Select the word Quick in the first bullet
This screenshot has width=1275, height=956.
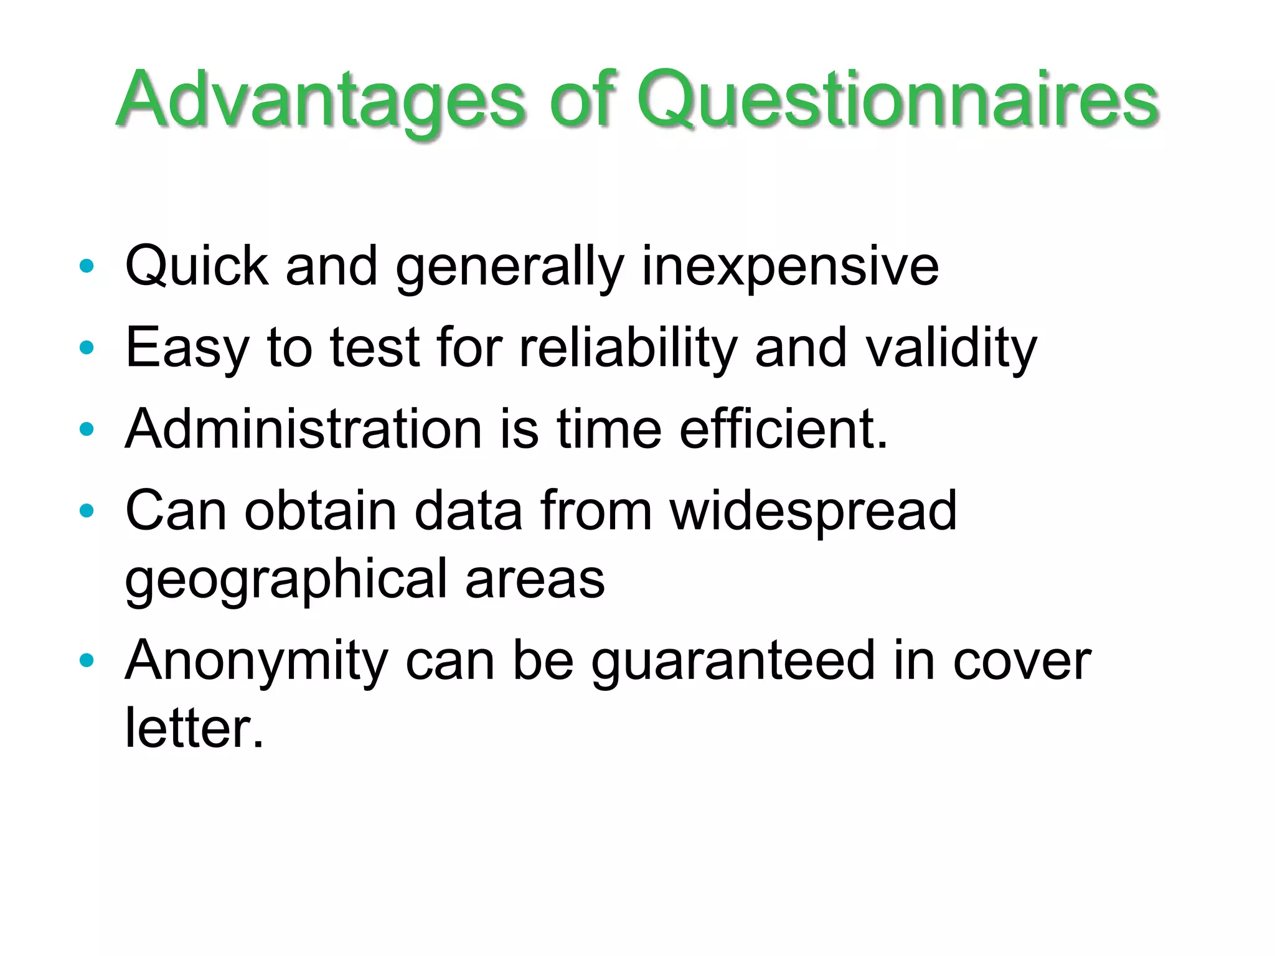197,266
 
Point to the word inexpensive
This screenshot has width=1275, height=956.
789,266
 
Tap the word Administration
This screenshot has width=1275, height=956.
304,429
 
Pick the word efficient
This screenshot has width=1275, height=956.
783,429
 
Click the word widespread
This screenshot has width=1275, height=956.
813,511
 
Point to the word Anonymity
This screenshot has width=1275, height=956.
257,661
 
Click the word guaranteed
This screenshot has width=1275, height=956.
733,661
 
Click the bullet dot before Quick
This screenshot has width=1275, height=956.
87,266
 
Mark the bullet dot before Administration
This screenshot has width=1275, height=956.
87,429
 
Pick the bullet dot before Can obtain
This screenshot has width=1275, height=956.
87,511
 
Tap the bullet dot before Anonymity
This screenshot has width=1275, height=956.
87,661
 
